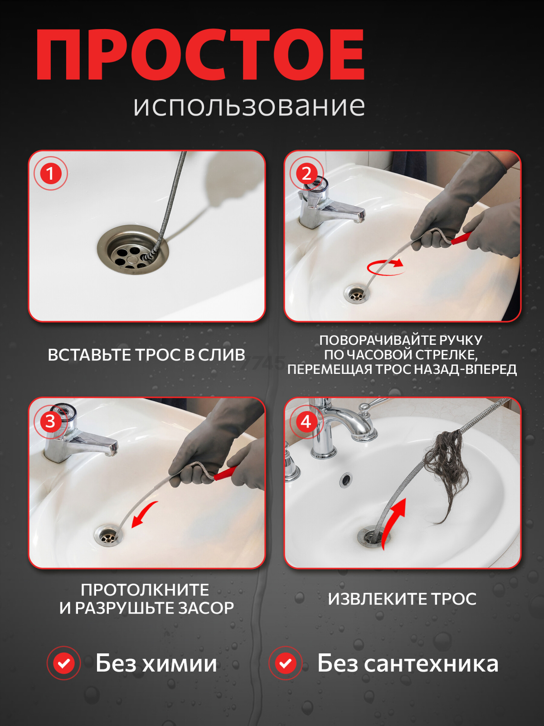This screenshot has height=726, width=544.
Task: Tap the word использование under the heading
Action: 249,106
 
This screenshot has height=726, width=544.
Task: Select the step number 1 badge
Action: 50,173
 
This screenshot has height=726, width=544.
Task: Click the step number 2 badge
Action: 306,173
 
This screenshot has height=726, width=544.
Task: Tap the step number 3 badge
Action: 50,421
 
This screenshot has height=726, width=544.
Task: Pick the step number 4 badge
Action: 306,422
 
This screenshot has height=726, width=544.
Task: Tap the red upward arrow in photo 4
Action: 393,522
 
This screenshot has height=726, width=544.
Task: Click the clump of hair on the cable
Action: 449,467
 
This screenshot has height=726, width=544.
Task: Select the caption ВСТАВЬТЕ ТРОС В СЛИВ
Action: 146,355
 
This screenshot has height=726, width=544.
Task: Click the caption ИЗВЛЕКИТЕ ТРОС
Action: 402,599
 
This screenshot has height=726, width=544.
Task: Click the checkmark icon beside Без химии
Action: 64,663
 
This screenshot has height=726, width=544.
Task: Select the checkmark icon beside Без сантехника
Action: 285,663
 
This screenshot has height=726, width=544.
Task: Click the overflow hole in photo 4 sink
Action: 346,479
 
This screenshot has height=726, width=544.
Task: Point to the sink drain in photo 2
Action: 357,295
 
